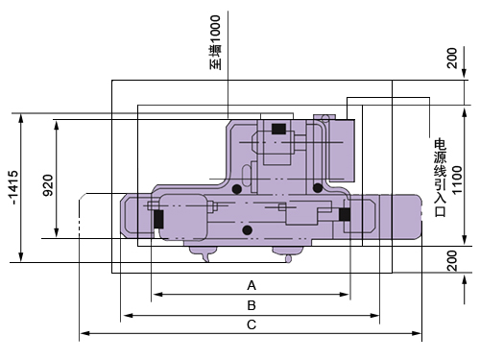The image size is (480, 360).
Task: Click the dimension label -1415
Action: tap(13, 187)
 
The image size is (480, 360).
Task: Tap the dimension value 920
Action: tap(48, 185)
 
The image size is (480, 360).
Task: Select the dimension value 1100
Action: tap(457, 180)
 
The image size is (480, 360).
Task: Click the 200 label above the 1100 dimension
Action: tap(452, 58)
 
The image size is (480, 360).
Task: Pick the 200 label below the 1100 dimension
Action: tap(452, 261)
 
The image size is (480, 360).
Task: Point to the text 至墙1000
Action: tap(215, 42)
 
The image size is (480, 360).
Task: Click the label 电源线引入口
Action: tap(440, 178)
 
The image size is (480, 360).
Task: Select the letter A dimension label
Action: tap(252, 285)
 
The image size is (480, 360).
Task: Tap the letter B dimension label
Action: tap(252, 305)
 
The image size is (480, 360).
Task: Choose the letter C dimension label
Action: tap(252, 324)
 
